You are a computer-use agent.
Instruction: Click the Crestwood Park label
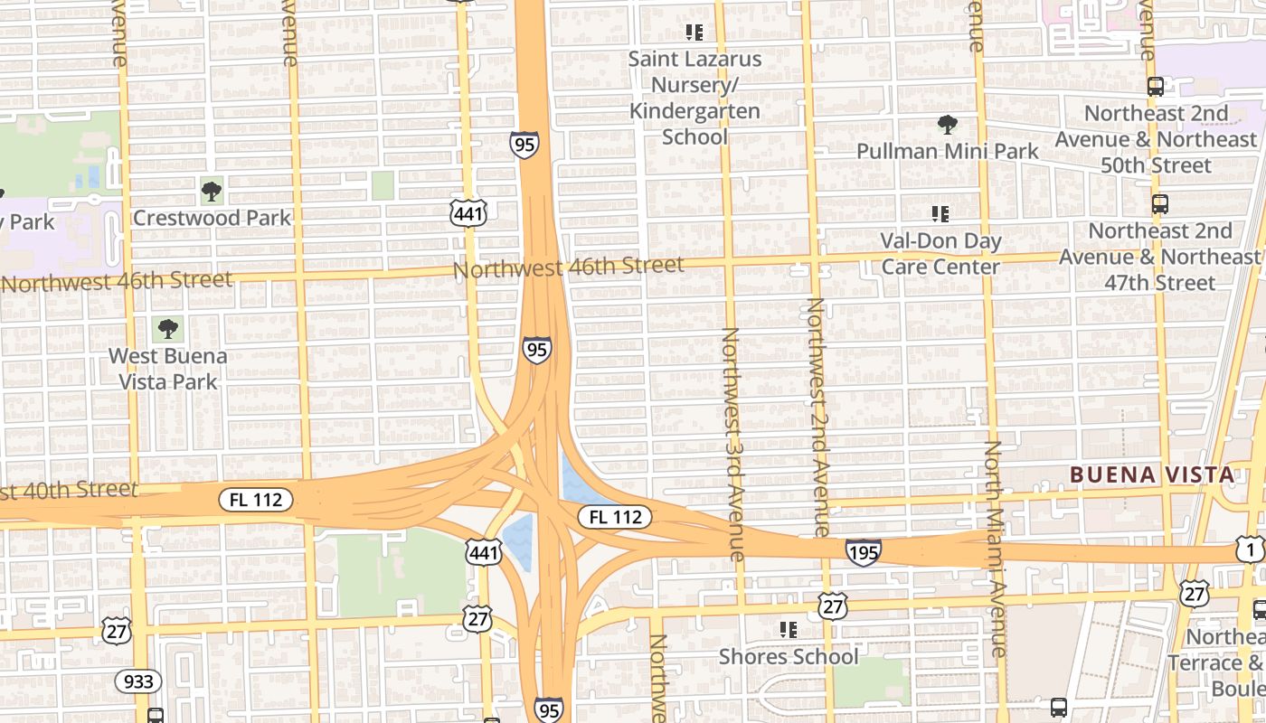(212, 218)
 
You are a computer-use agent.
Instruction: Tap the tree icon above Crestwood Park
(212, 191)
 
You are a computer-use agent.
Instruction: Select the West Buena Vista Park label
(167, 369)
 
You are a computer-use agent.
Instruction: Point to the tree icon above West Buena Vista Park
(167, 329)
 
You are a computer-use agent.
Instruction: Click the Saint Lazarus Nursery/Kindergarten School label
(694, 98)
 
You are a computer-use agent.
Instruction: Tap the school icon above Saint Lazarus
(694, 33)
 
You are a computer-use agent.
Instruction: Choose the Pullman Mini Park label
(948, 151)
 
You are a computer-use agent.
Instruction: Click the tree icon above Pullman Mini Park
(948, 124)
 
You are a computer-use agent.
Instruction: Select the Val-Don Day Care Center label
(940, 254)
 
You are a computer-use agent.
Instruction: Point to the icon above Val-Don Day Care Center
(940, 214)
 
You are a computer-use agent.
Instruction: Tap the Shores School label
(789, 656)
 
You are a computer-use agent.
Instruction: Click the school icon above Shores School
(789, 629)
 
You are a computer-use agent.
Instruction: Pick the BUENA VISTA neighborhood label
(1151, 474)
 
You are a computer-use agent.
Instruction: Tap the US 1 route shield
(1250, 549)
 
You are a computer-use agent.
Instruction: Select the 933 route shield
(137, 681)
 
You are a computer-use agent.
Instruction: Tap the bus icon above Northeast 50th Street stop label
(1155, 87)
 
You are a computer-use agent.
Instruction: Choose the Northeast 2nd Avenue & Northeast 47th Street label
(1159, 257)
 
